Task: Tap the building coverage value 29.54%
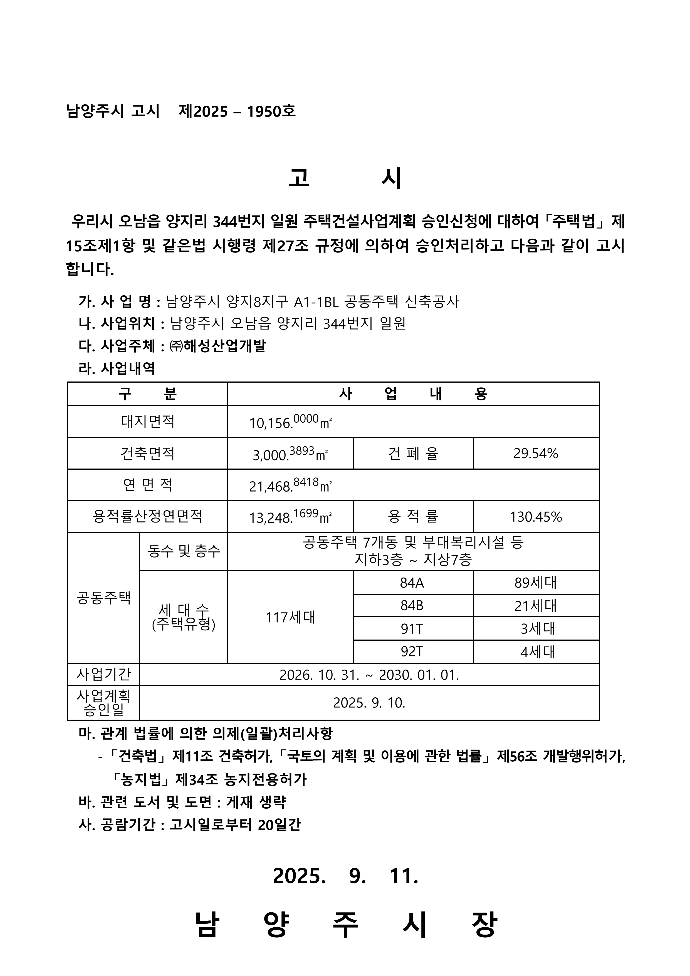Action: (535, 454)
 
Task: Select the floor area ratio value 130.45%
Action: (536, 516)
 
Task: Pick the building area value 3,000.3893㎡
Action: (290, 454)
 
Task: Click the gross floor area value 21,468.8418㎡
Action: (290, 485)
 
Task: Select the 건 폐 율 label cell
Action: (413, 454)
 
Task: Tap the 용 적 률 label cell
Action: (413, 516)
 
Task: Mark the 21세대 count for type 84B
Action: (535, 606)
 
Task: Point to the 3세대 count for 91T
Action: (538, 628)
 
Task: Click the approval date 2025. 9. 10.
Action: (369, 703)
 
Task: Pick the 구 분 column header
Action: (147, 394)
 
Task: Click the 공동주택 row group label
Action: (103, 598)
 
